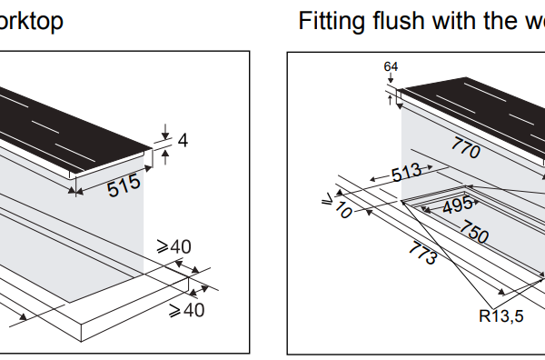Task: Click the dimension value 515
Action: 124,185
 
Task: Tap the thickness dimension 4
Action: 183,140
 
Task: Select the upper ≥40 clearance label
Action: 173,247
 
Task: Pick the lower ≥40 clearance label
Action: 186,310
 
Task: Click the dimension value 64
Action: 391,66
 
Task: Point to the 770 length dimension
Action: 466,147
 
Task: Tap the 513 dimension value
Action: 407,172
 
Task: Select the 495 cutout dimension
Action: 458,205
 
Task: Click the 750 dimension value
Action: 474,231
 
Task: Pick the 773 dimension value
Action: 423,253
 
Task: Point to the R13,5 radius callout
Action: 500,316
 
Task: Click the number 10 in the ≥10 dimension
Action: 343,210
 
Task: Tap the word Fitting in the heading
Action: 332,21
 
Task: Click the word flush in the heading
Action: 399,20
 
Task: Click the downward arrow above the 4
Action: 165,132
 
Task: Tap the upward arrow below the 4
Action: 165,157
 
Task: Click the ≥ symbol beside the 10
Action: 327,200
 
